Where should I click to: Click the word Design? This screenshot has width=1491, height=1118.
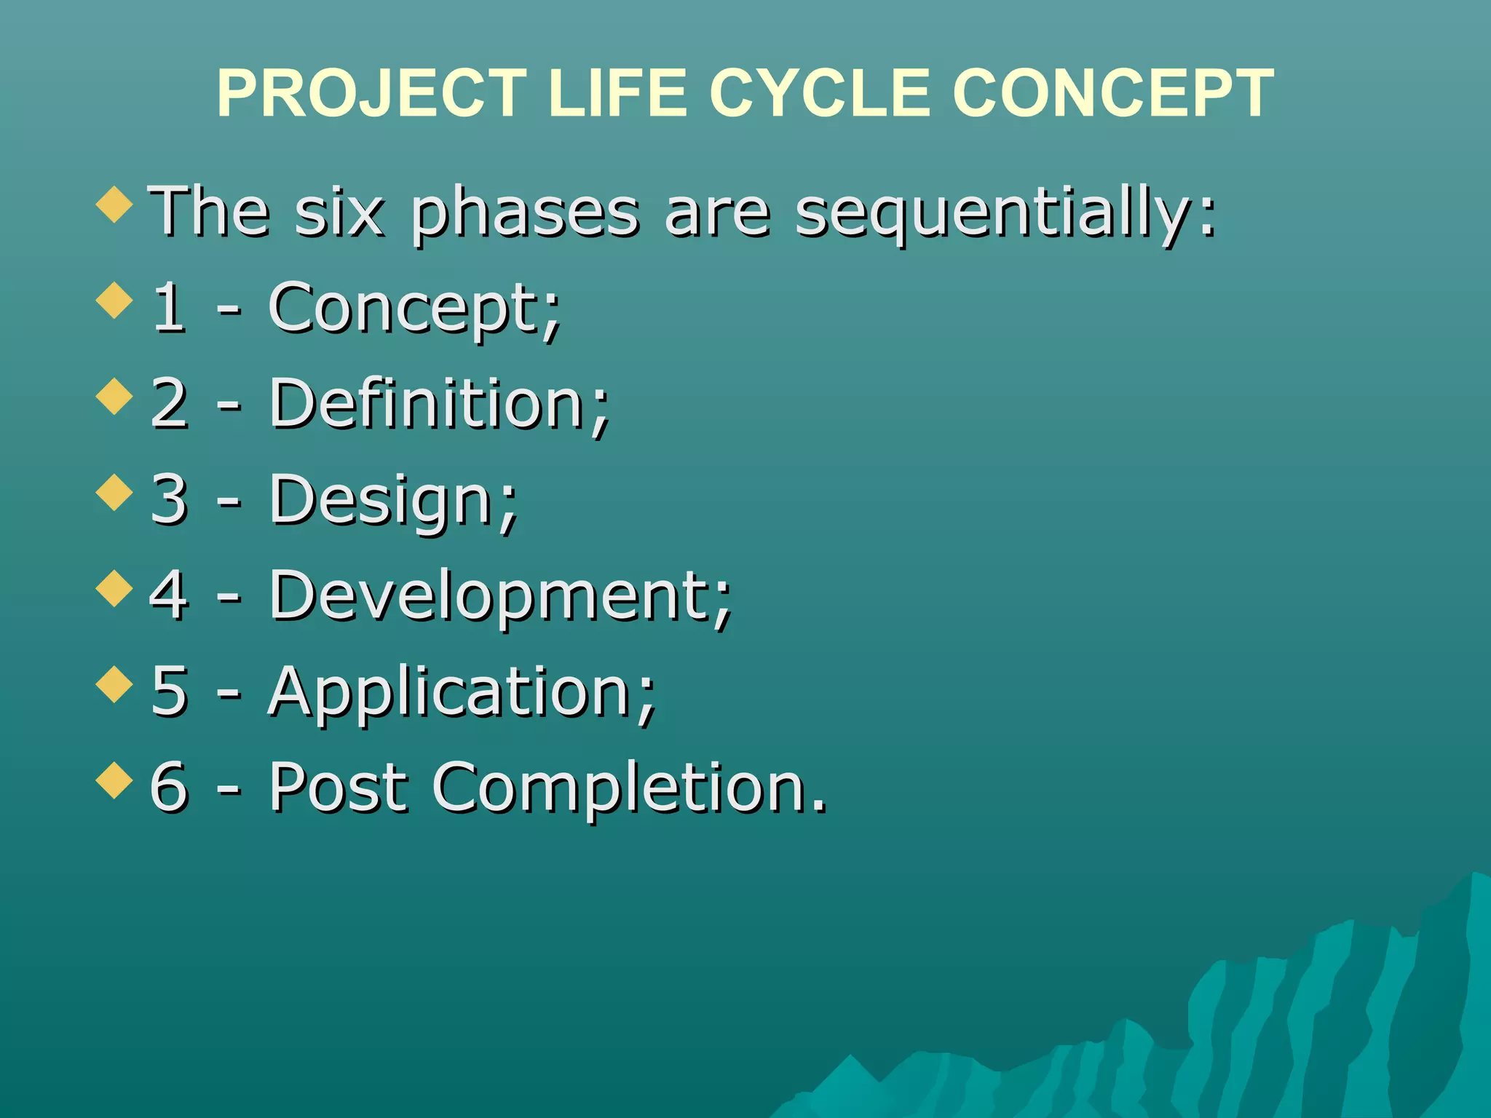point(393,500)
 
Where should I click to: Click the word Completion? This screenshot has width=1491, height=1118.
point(630,788)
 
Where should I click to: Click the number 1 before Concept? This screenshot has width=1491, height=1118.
point(168,307)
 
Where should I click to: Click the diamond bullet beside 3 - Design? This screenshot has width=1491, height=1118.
point(114,493)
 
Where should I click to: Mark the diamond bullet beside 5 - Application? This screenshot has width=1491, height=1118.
point(114,684)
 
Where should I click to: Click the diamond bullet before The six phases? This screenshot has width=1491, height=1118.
point(114,205)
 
